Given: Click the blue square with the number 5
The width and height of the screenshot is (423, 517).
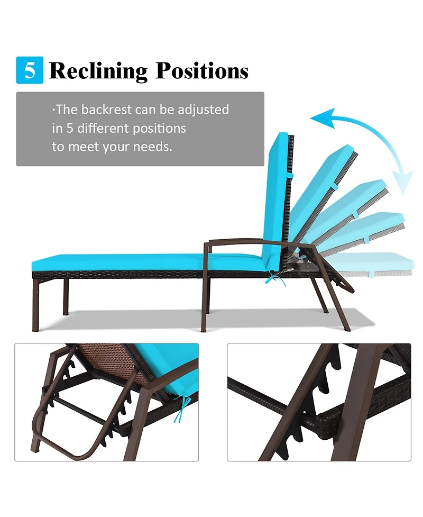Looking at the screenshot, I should (30, 70).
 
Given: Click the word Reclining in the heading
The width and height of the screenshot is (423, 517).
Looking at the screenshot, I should (98, 71).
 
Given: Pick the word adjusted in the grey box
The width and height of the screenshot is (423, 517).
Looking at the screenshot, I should (203, 110).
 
